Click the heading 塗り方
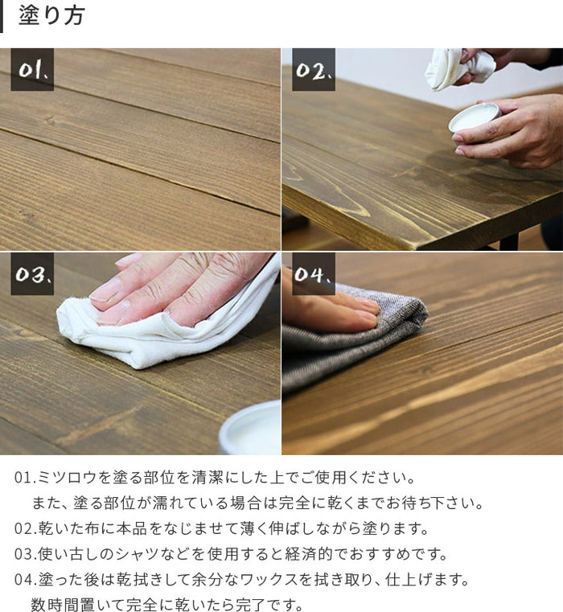tap(51, 15)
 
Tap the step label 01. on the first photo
tap(32, 69)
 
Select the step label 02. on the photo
tap(314, 69)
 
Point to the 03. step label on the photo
tap(32, 273)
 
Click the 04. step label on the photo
tap(314, 273)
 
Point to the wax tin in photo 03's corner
tap(252, 429)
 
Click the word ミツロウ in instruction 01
tap(67, 478)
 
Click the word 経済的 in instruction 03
tap(308, 554)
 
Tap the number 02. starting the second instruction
tap(26, 529)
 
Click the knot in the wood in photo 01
tap(50, 121)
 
